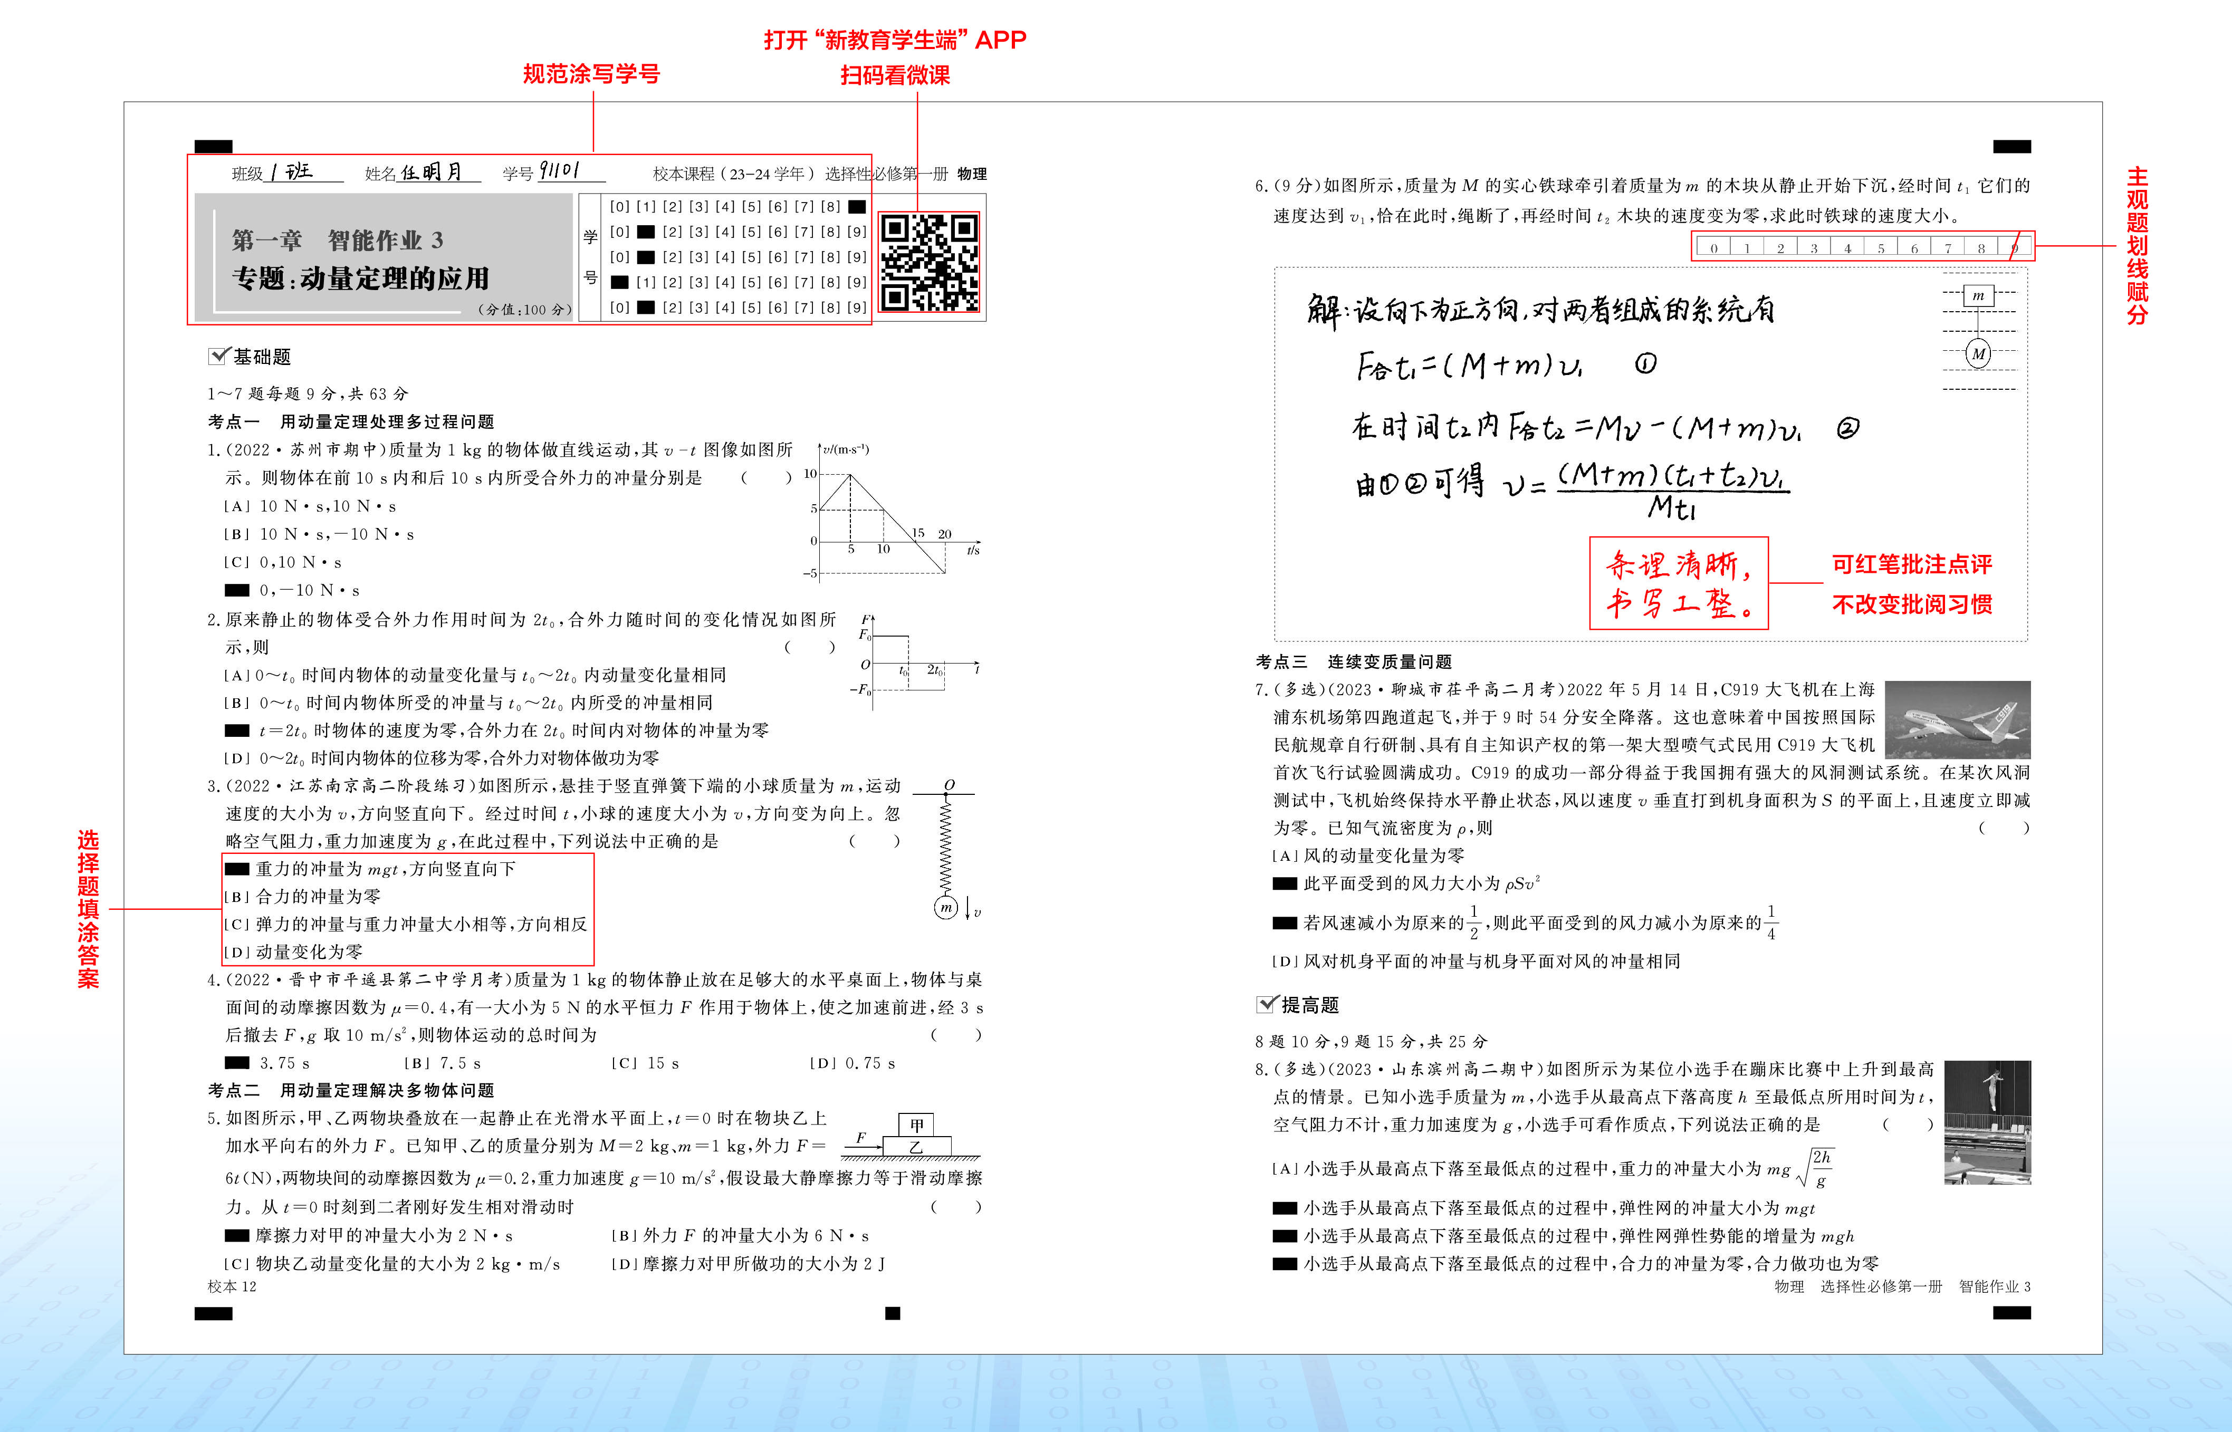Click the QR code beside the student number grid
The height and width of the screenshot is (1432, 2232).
coord(929,262)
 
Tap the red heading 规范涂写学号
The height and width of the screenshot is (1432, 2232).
coord(591,74)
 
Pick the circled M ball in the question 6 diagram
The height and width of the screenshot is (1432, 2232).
coord(1978,353)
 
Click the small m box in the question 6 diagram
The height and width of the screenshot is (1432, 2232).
coord(1978,296)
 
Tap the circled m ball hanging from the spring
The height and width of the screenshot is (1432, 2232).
coord(946,908)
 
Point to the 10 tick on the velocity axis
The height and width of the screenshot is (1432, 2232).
coord(810,474)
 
